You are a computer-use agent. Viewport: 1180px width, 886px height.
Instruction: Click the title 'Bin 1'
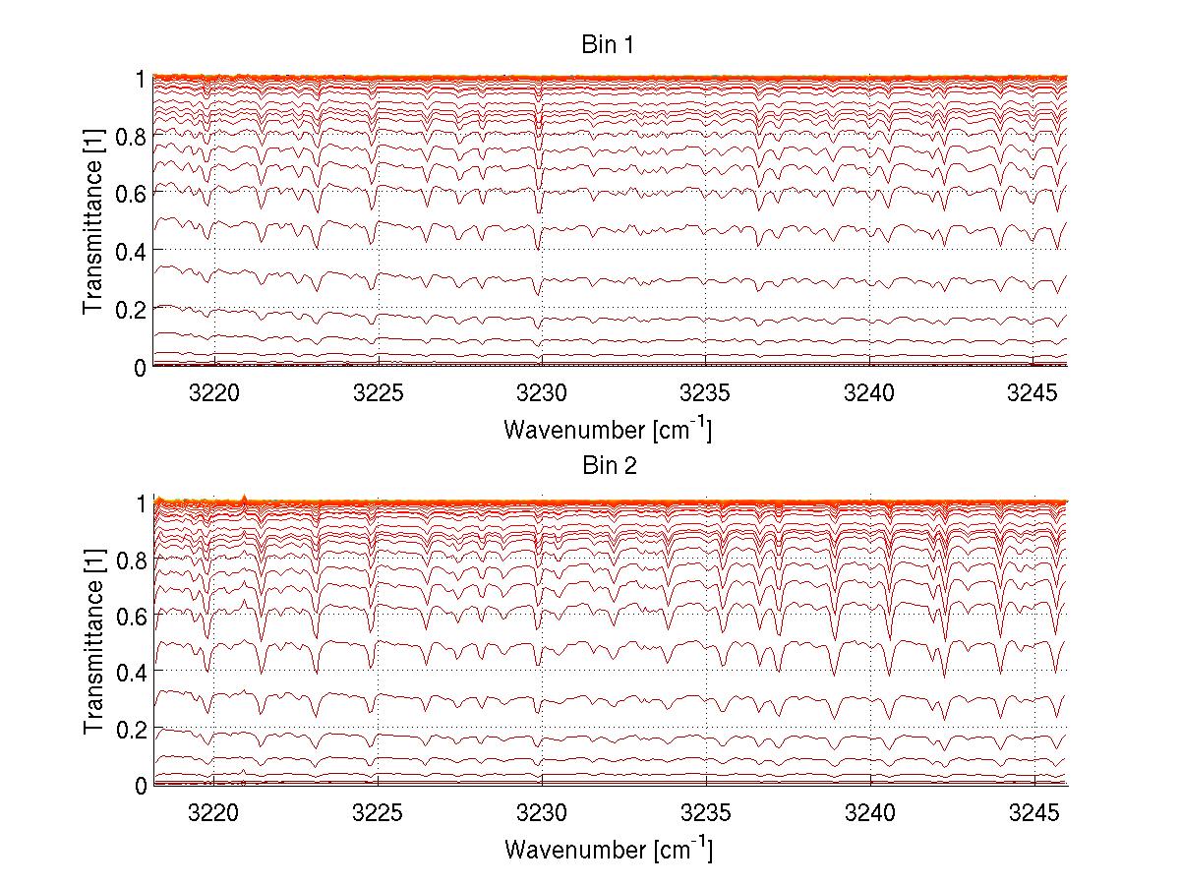click(x=608, y=45)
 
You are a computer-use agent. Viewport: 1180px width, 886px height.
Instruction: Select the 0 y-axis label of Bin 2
click(x=141, y=786)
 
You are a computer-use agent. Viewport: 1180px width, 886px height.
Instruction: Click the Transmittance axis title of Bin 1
click(x=93, y=222)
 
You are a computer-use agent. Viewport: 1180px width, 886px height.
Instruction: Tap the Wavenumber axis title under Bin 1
click(x=608, y=429)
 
